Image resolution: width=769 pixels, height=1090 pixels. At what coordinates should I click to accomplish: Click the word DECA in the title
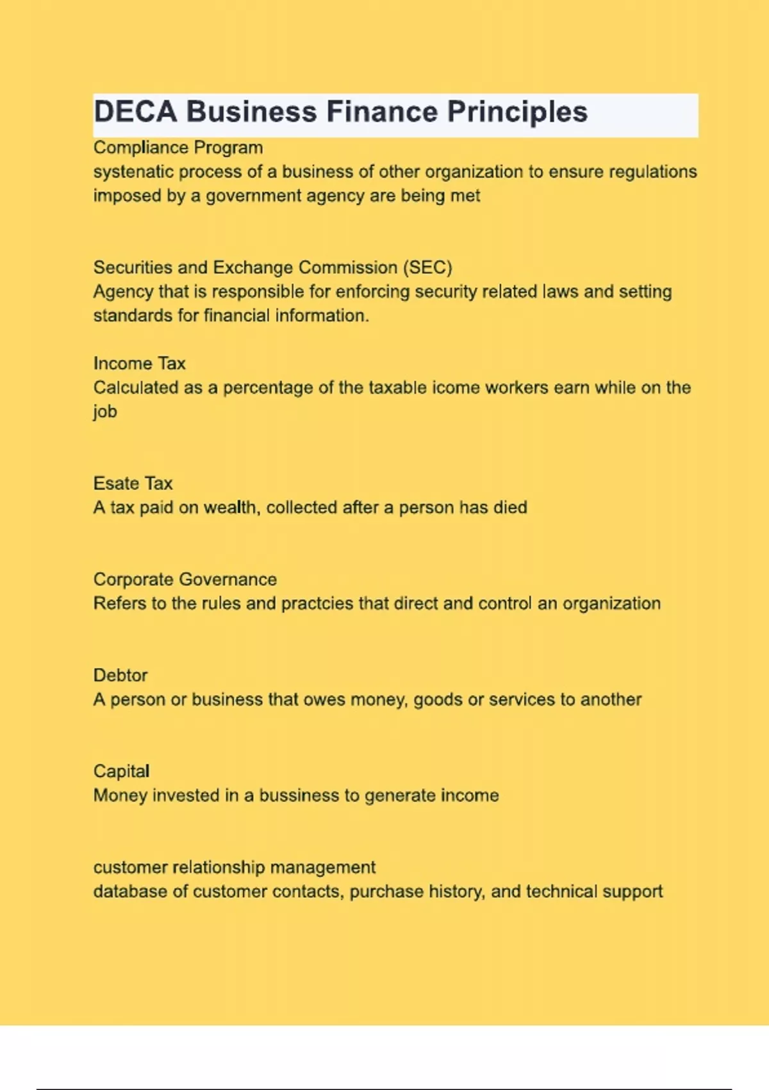[135, 112]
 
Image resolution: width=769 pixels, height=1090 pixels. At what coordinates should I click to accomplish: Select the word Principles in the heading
[517, 112]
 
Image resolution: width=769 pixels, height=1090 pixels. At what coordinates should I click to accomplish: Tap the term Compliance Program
[178, 147]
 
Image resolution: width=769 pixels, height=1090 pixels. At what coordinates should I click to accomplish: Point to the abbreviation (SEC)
[427, 267]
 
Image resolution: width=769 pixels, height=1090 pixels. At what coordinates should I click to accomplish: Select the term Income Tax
[139, 364]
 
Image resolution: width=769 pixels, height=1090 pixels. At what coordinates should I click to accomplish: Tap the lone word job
[105, 412]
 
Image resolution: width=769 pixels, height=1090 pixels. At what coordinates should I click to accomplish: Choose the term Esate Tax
[133, 483]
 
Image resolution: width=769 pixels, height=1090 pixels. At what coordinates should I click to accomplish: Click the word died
[510, 507]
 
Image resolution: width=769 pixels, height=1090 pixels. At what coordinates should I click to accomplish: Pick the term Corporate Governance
[185, 580]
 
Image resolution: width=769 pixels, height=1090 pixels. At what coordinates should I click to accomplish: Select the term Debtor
[120, 675]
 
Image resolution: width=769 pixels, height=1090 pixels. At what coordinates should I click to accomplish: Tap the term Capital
[121, 771]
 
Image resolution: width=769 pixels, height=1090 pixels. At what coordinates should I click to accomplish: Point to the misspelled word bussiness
[299, 796]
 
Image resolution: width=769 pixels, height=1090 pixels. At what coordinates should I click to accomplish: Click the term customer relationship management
[234, 868]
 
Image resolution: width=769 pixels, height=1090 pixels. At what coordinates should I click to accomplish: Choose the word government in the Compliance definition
[253, 196]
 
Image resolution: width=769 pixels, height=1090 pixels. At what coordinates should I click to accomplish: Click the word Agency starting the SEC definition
[123, 292]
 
